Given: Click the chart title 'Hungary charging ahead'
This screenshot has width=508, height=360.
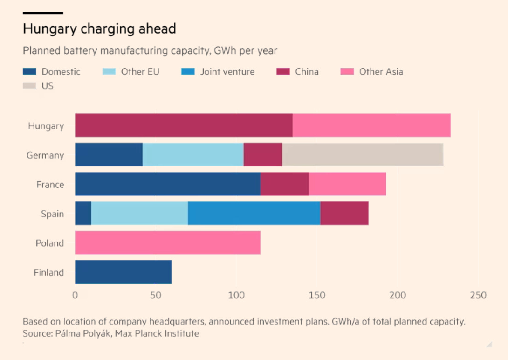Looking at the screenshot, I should point(99,29).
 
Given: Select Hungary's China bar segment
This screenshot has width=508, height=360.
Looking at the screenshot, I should point(184,125).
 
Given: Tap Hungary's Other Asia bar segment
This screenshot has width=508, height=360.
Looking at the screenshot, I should point(371,125).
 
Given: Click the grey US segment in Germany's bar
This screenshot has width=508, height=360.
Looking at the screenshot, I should point(363,154).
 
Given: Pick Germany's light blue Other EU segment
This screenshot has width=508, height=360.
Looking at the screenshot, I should point(193,154).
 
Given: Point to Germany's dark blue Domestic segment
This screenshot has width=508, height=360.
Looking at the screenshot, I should point(109,154).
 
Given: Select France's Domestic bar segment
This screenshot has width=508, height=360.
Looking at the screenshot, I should point(167,184).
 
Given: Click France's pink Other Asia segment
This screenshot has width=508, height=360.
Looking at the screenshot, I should point(347,184).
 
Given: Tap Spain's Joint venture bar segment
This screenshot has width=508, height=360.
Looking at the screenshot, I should point(254,213).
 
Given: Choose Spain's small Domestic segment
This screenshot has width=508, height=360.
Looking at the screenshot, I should point(83,213).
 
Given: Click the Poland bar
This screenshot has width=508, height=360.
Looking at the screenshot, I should point(167,242).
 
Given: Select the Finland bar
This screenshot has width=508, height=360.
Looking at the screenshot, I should point(123,272).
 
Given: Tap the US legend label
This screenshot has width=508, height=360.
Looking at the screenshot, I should point(48,86).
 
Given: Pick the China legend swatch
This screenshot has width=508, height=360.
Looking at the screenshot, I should point(283,72).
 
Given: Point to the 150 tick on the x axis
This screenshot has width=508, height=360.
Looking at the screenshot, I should point(317,295).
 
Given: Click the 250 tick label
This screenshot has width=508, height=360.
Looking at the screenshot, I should point(478,295).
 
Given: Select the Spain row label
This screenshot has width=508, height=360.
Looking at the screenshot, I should point(52,214).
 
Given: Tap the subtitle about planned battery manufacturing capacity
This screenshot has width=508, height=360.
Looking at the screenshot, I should point(150,50).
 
